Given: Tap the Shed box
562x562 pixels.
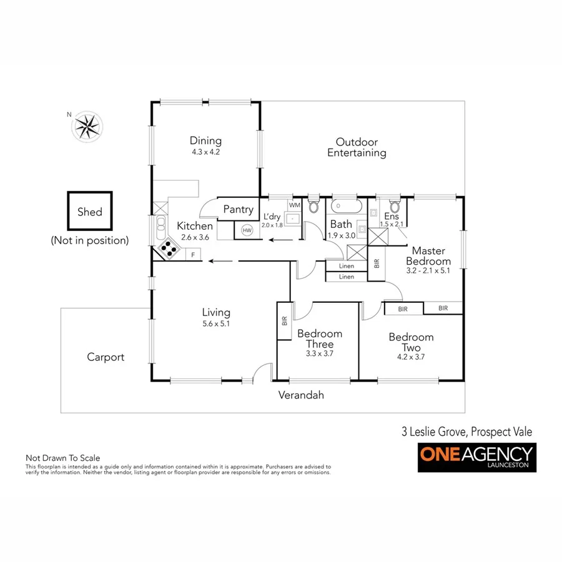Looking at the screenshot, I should (x=90, y=212).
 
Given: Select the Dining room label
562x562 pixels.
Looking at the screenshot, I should (x=205, y=141).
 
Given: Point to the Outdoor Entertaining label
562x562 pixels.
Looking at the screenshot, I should (x=357, y=147).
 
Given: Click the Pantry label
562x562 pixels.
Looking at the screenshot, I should (x=239, y=210).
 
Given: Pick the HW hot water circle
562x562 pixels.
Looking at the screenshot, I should (x=247, y=230).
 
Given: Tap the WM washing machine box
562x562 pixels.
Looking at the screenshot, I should (x=295, y=205).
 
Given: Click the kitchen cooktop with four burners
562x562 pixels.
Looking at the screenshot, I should (x=169, y=248).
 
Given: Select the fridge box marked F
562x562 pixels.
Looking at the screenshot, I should (x=193, y=254).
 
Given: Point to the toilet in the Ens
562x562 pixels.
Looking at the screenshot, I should (x=394, y=206).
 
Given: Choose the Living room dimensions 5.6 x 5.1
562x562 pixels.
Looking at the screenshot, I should (x=216, y=323).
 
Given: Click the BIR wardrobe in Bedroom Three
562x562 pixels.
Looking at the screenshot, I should (x=285, y=321).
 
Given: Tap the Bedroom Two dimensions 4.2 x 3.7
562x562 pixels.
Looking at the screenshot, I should (x=411, y=357).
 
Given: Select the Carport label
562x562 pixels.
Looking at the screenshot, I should (x=106, y=357).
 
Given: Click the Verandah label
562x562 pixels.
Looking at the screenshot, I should (x=301, y=395).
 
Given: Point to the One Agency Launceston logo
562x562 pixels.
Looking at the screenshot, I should (x=476, y=458).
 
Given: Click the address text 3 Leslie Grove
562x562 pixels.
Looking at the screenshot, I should (x=433, y=431).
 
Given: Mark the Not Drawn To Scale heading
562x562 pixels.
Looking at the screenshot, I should (x=62, y=458).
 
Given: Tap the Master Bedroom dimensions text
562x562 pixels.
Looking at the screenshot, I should (x=428, y=271).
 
